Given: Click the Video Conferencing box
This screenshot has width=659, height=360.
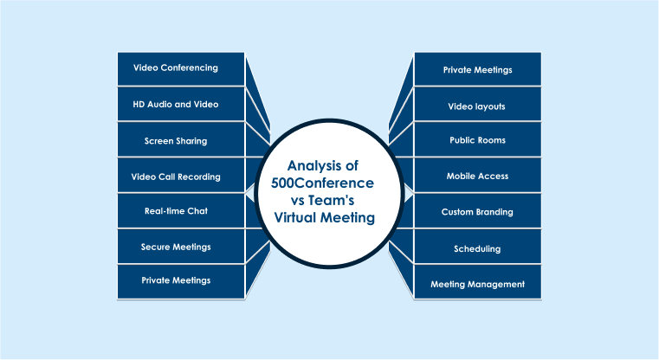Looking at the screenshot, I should [181, 68].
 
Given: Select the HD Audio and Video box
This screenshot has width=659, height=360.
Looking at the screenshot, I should [181, 105].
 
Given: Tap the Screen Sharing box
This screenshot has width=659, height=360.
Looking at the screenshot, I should [181, 140].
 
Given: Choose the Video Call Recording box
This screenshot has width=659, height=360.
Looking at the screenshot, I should [181, 177].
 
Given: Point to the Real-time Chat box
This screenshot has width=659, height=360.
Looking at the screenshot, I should [181, 211].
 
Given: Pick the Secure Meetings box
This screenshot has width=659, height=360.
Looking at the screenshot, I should [181, 247].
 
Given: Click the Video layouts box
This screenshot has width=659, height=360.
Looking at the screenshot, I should [477, 106].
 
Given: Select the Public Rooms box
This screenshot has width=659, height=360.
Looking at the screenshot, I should [477, 140].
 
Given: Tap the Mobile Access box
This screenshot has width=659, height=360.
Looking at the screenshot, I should [477, 177].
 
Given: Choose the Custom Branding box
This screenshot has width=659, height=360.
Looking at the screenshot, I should [477, 212].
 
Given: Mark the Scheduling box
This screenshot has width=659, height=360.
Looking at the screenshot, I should [477, 249].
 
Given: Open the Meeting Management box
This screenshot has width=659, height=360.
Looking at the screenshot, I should [477, 284].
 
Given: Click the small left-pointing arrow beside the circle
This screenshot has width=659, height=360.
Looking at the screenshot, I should [250, 191].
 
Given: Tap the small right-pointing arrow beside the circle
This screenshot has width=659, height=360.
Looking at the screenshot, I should [409, 191].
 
